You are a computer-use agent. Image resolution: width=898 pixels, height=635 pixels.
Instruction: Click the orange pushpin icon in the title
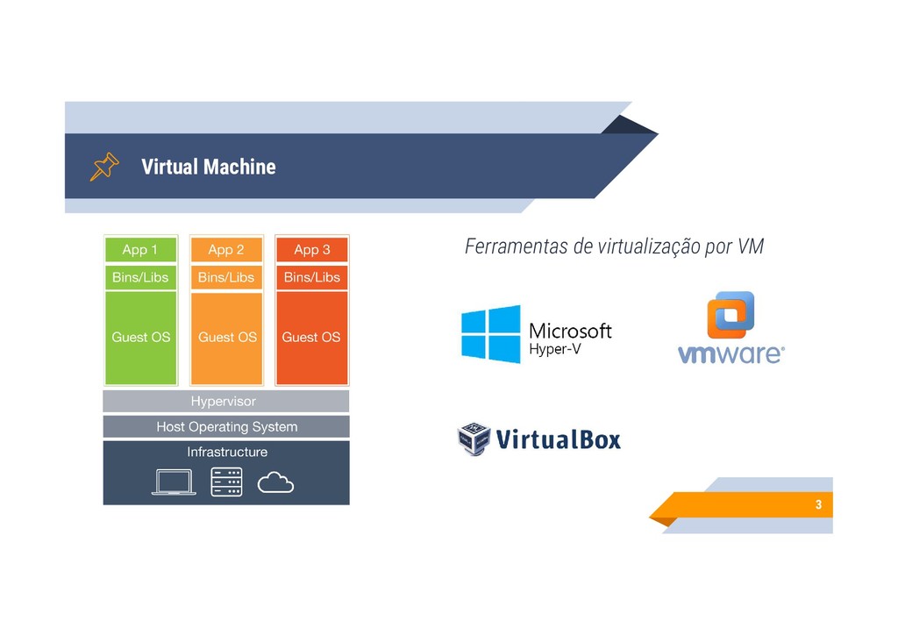[x=103, y=166]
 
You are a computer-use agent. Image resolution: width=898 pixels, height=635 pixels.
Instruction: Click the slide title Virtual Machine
[x=208, y=167]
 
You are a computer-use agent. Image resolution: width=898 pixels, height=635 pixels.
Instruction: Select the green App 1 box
[x=140, y=249]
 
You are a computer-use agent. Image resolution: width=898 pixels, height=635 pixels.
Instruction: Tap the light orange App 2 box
[x=226, y=249]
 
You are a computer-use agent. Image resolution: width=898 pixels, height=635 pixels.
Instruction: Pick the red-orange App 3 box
[x=312, y=249]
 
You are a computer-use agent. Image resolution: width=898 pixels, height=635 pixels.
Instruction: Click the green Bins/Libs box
[x=140, y=277]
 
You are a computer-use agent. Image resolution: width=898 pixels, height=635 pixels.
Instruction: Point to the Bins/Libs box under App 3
[x=312, y=277]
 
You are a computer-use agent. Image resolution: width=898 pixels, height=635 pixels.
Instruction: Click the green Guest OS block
[x=140, y=338]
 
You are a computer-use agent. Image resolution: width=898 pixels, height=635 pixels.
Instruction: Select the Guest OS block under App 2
[x=226, y=338]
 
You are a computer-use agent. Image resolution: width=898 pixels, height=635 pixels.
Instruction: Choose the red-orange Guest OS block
[x=312, y=338]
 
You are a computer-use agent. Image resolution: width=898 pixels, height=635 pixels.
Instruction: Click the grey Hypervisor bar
[x=225, y=402]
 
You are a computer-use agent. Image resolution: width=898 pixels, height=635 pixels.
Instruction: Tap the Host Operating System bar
[x=225, y=427]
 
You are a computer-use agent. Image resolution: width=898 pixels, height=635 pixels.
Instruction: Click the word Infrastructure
[x=227, y=452]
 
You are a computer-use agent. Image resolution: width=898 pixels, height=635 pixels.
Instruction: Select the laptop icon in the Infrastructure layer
[x=173, y=482]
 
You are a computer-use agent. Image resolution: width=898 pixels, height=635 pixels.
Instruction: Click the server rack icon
[x=226, y=482]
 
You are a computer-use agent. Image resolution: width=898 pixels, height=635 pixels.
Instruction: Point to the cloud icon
[x=276, y=482]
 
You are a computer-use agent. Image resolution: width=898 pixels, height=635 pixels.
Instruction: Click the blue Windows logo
[x=491, y=333]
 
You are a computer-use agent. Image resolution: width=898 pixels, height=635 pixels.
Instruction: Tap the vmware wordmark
[x=731, y=353]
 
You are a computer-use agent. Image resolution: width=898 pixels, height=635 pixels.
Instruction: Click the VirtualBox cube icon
[x=474, y=439]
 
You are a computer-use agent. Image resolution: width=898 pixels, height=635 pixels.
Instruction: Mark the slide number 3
[x=818, y=505]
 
